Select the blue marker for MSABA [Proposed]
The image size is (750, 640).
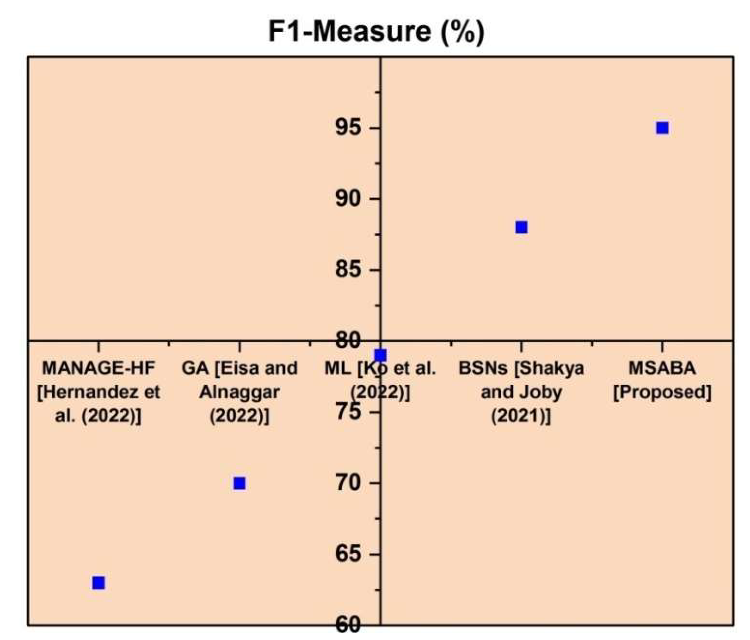coord(662,128)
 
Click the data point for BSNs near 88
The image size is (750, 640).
coord(521,227)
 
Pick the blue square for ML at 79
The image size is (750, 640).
coord(380,355)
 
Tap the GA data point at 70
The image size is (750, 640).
coord(239,483)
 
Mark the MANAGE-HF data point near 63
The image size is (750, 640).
coord(98,583)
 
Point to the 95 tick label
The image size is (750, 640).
coord(348,128)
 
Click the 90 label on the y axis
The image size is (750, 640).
coord(348,199)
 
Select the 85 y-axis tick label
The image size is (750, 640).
coord(348,270)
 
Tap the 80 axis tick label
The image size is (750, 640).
coord(348,340)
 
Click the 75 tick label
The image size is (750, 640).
coord(348,412)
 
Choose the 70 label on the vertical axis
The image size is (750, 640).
coord(348,483)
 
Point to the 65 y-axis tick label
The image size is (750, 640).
coord(348,554)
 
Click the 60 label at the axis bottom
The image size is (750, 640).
coord(348,625)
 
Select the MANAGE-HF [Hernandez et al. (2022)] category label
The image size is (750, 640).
coord(98,392)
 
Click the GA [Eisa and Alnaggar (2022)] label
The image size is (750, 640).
coord(239,392)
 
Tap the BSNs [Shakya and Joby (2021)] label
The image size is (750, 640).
coord(521,392)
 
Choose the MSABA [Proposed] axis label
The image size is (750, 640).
coord(662,380)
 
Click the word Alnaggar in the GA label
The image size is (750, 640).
coord(239,392)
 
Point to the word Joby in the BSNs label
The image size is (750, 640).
coord(542,392)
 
